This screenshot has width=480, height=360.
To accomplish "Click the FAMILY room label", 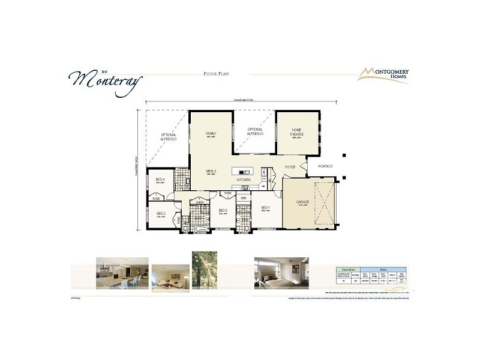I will [x=211, y=133].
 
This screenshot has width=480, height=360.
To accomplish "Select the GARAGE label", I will [x=302, y=202].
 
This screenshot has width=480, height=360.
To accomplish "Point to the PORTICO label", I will [x=325, y=166].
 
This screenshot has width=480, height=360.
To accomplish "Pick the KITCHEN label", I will [x=243, y=179].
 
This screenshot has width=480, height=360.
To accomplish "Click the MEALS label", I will [x=211, y=171].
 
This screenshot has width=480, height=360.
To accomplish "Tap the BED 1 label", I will [x=265, y=208].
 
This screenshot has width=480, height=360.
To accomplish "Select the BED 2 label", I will [x=223, y=210].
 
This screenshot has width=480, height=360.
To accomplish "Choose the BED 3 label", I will [x=161, y=213].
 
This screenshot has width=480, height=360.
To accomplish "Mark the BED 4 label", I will [x=160, y=179].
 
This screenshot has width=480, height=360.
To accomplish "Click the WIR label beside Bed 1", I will [x=244, y=197].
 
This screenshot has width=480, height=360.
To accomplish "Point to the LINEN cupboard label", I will [x=199, y=202].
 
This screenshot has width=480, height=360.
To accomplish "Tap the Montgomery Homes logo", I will [x=383, y=74].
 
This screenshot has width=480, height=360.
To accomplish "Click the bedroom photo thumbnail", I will [x=281, y=273].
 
